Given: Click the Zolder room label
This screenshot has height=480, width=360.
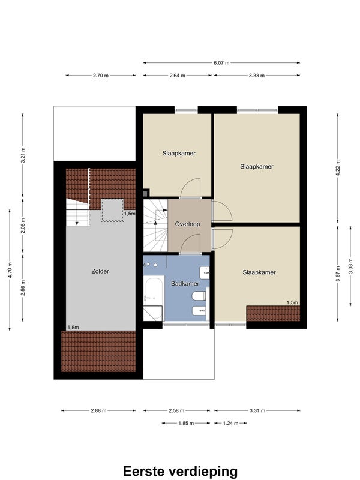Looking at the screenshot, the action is click(100, 271).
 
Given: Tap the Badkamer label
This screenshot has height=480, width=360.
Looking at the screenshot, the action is click(185, 284).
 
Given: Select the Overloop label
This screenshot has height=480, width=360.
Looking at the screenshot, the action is click(187, 224).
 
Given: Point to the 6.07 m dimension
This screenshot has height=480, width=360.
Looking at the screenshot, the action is click(221, 63).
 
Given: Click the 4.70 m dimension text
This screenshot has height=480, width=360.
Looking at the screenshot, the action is click(10, 271).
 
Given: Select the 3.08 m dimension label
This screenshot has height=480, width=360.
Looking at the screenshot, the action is click(350, 266).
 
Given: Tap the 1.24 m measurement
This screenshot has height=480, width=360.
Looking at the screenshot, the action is click(230, 424).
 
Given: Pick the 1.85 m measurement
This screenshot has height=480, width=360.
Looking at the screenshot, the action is click(186, 424).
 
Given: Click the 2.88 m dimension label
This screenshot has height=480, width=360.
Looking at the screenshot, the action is click(98, 410).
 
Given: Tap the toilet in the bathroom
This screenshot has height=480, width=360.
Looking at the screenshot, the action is click(199, 296).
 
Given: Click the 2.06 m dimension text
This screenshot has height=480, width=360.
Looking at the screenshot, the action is click(23, 226).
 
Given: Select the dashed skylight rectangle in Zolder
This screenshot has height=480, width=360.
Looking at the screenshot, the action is click(112, 210).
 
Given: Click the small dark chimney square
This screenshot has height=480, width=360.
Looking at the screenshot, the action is click(145, 193).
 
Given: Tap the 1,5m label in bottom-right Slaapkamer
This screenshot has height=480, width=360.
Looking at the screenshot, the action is click(292, 302).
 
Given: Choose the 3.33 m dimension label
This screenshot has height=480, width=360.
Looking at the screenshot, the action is click(257, 76).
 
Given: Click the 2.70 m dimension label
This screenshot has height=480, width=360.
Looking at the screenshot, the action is click(101, 76).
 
